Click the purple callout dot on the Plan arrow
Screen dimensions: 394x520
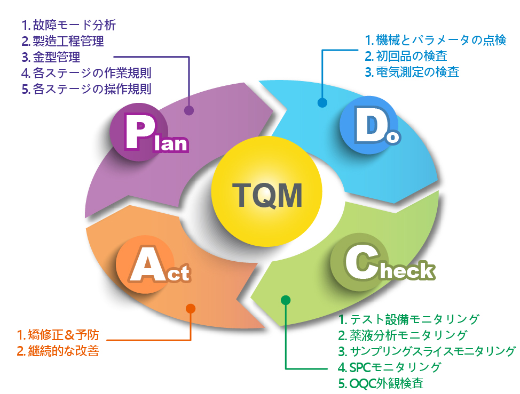[x=188, y=110]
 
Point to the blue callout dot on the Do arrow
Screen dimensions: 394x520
[x=322, y=102]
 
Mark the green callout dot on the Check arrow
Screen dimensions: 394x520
[x=286, y=300]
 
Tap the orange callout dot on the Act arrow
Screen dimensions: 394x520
[x=191, y=308]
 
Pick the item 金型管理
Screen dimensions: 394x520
[x=56, y=57]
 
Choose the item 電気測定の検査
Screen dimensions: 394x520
[x=417, y=71]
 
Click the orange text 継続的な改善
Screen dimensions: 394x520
[x=63, y=351]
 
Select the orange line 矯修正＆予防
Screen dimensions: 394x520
[x=63, y=335]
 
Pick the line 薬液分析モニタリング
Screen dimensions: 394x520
[x=408, y=335]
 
